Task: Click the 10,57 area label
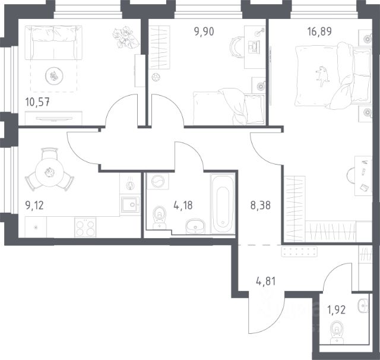tap(37, 102)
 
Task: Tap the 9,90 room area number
tap(204, 31)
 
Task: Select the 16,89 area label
tap(319, 31)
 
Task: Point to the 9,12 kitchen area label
tap(34, 206)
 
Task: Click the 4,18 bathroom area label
tap(183, 206)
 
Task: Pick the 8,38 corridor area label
tap(260, 206)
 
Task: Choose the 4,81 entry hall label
tap(265, 282)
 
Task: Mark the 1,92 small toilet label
tap(337, 310)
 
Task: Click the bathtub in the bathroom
tap(223, 204)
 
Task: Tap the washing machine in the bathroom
tap(158, 181)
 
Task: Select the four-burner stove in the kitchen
tap(85, 227)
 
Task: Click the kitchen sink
tap(130, 205)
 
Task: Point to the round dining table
tap(49, 172)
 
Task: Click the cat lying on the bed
tap(322, 75)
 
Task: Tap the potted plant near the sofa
tap(126, 37)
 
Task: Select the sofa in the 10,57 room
tap(53, 42)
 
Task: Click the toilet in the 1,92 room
tap(337, 332)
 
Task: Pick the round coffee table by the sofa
tap(54, 76)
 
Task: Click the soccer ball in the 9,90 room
tap(156, 78)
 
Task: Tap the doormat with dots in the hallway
tap(299, 251)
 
